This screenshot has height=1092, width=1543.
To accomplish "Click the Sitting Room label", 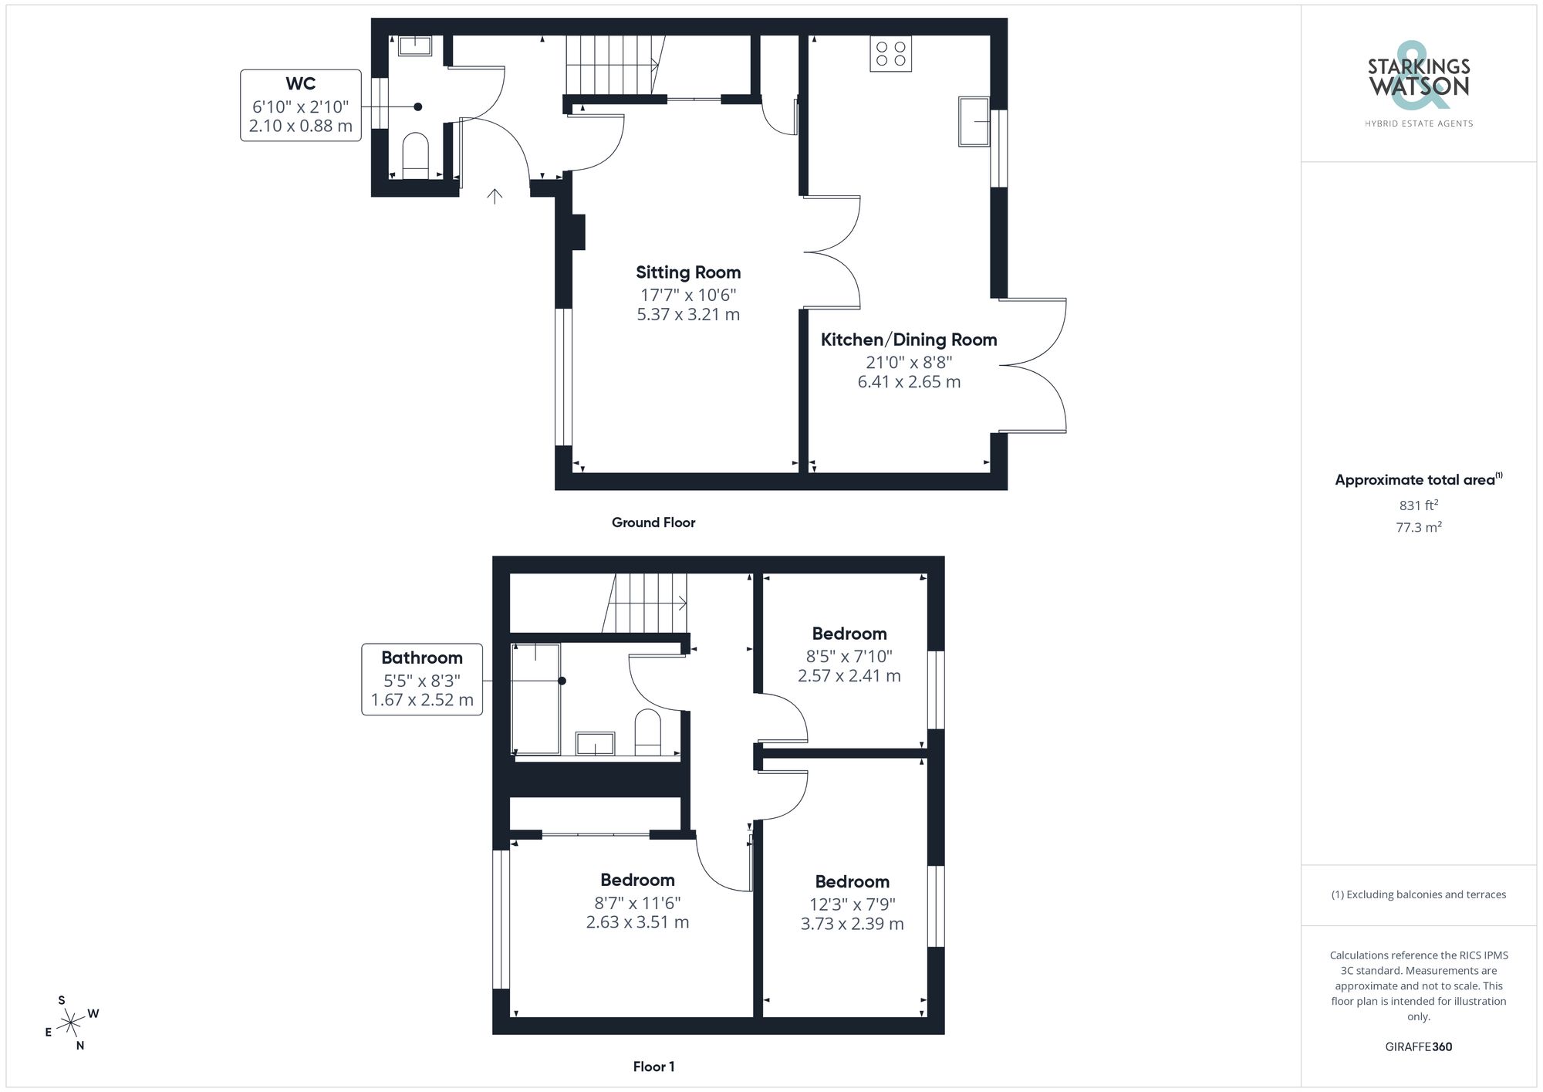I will [x=687, y=272].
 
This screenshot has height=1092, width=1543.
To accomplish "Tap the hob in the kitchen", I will [x=890, y=54].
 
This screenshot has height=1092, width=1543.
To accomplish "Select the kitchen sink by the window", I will [x=973, y=121].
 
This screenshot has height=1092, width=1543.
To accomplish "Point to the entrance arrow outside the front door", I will [x=495, y=196].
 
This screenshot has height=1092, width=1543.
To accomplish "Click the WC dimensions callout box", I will [x=301, y=106].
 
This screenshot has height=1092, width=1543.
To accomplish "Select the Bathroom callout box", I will [x=422, y=679].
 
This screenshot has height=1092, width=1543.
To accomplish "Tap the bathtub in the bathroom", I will [x=536, y=698].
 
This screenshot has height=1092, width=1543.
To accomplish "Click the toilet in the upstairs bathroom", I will [x=648, y=732].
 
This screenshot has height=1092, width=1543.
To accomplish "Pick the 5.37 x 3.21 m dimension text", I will [x=687, y=315].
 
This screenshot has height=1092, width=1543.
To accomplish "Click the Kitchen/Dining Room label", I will [x=908, y=340].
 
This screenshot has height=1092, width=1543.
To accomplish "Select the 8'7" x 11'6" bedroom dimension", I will [x=637, y=902].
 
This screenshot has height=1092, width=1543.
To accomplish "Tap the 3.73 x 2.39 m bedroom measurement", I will [x=852, y=924].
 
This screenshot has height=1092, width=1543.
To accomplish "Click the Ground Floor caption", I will [x=653, y=522].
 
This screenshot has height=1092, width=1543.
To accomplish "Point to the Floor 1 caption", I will [x=653, y=1067].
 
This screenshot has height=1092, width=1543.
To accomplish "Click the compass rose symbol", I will [x=71, y=1023].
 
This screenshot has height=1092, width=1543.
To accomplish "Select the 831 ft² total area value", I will [x=1418, y=505].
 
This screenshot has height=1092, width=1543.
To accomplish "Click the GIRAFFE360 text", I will [x=1418, y=1047].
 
